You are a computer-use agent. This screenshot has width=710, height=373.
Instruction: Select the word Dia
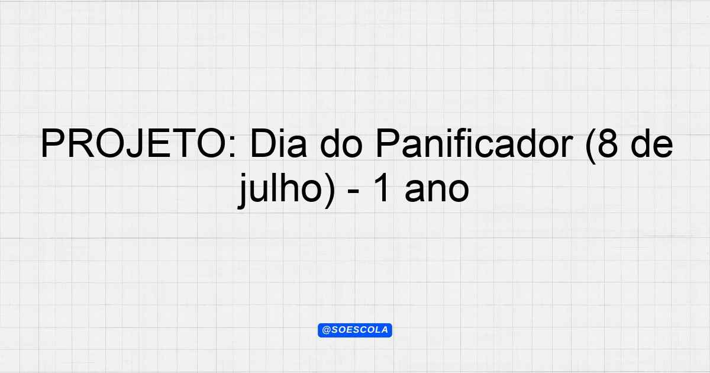tap(278, 143)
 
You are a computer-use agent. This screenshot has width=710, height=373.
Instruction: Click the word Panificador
tap(475, 143)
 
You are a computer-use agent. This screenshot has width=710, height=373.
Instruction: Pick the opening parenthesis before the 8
tap(591, 146)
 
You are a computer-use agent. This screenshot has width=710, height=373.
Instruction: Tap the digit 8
tap(608, 143)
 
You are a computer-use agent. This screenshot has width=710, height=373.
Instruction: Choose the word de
tap(652, 143)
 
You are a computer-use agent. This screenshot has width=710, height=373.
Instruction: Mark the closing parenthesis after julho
tap(330, 190)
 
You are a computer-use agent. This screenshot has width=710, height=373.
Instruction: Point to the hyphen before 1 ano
tap(353, 192)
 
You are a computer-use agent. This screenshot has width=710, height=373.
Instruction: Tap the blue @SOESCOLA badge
tap(355, 330)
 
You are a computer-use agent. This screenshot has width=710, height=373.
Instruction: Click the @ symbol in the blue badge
tap(326, 330)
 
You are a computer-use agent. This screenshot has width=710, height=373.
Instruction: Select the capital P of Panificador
tap(388, 143)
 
